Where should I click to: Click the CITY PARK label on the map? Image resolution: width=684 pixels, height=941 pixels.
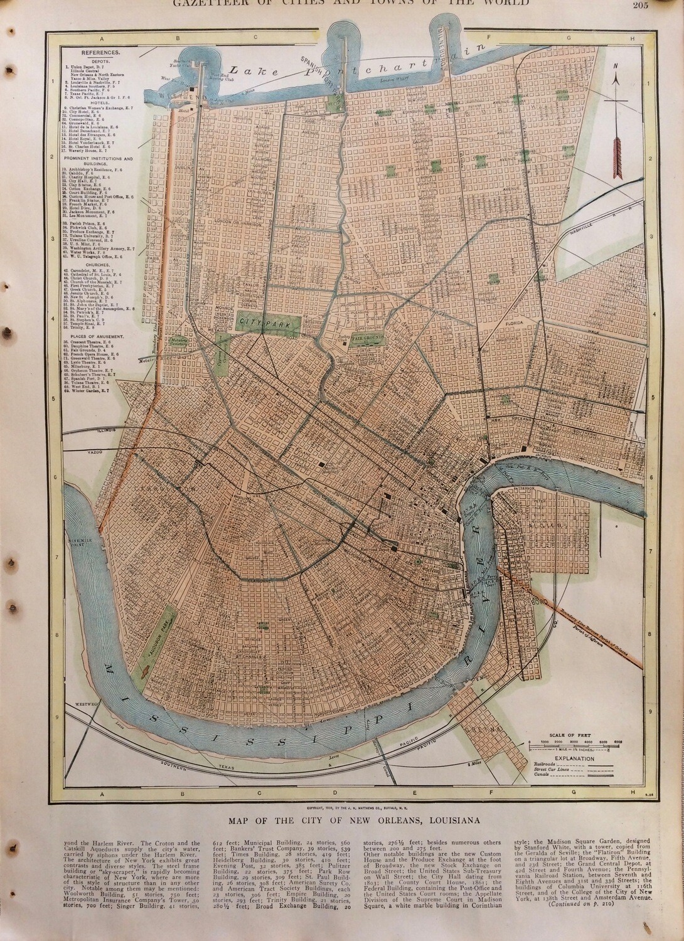point(252,321)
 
